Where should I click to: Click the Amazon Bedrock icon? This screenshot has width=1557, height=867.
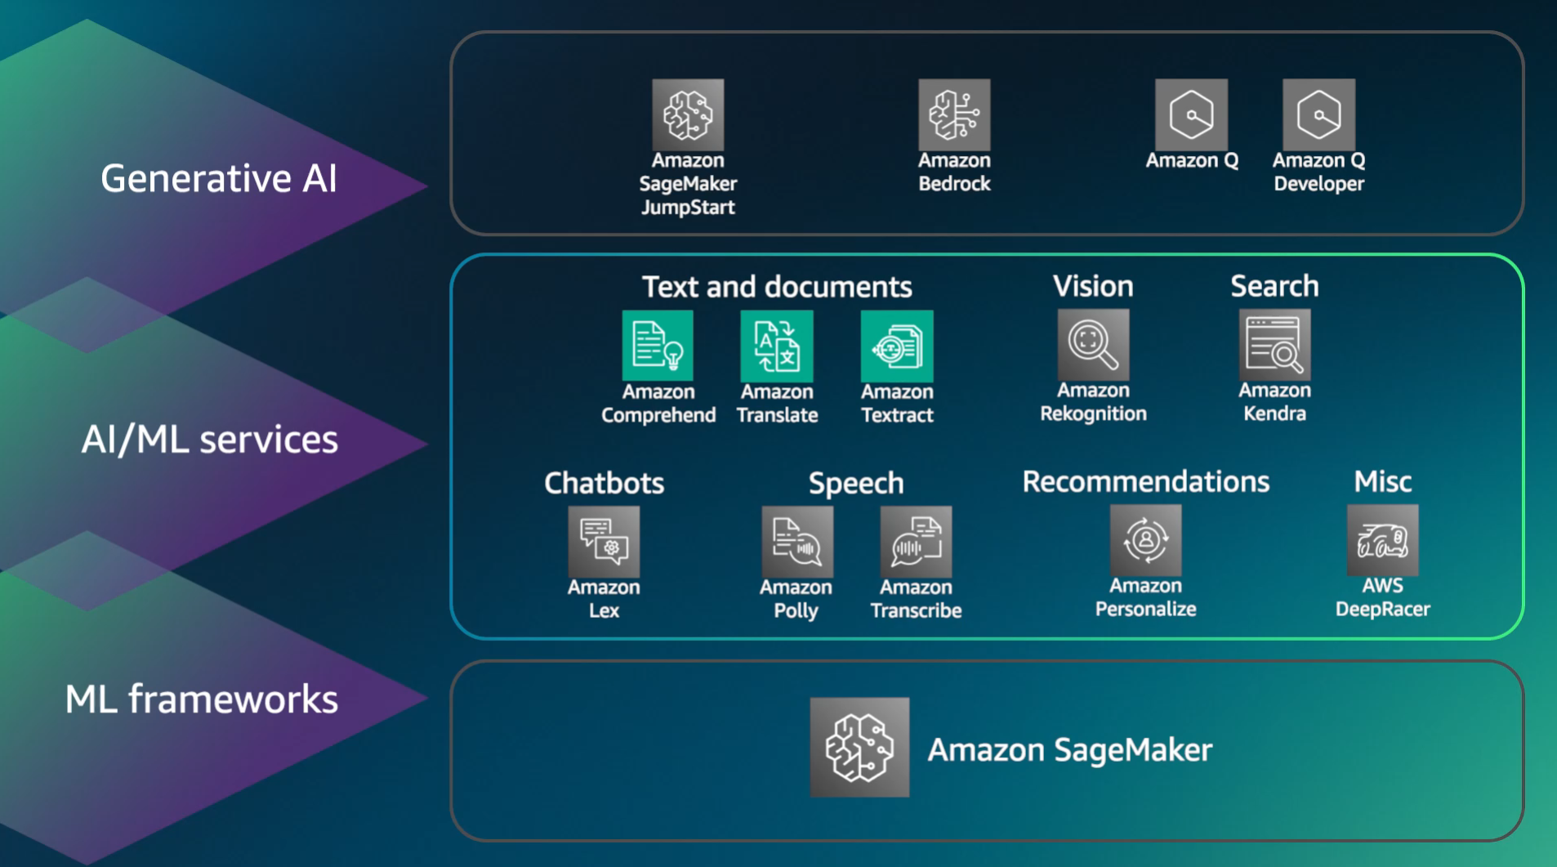[953, 114]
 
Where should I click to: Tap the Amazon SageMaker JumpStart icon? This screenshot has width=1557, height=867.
[688, 114]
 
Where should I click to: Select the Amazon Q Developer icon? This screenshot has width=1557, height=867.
[1318, 114]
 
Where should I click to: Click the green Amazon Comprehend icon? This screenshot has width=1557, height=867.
[658, 346]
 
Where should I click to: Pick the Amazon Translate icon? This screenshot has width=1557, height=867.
[776, 346]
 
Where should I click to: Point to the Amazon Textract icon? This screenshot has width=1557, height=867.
[896, 346]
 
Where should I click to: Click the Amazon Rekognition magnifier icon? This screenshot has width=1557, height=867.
[1093, 344]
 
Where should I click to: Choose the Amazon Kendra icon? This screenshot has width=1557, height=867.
[1274, 344]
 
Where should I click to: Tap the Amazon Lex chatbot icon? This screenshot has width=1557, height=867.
[604, 542]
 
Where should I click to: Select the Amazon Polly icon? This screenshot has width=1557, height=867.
[796, 542]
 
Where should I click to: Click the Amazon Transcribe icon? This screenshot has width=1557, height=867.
[916, 542]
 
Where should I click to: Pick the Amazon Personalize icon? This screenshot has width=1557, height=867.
[1145, 540]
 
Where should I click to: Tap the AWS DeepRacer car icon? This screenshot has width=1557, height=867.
[1382, 540]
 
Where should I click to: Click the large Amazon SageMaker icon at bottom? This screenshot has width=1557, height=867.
[859, 747]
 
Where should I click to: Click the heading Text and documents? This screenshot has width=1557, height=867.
[776, 287]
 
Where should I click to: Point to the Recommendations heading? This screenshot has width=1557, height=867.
[1145, 482]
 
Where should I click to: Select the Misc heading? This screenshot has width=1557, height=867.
[1382, 482]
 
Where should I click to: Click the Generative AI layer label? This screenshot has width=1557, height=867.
[218, 178]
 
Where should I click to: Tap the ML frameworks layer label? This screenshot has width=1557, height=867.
[201, 699]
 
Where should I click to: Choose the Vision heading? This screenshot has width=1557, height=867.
[1093, 286]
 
